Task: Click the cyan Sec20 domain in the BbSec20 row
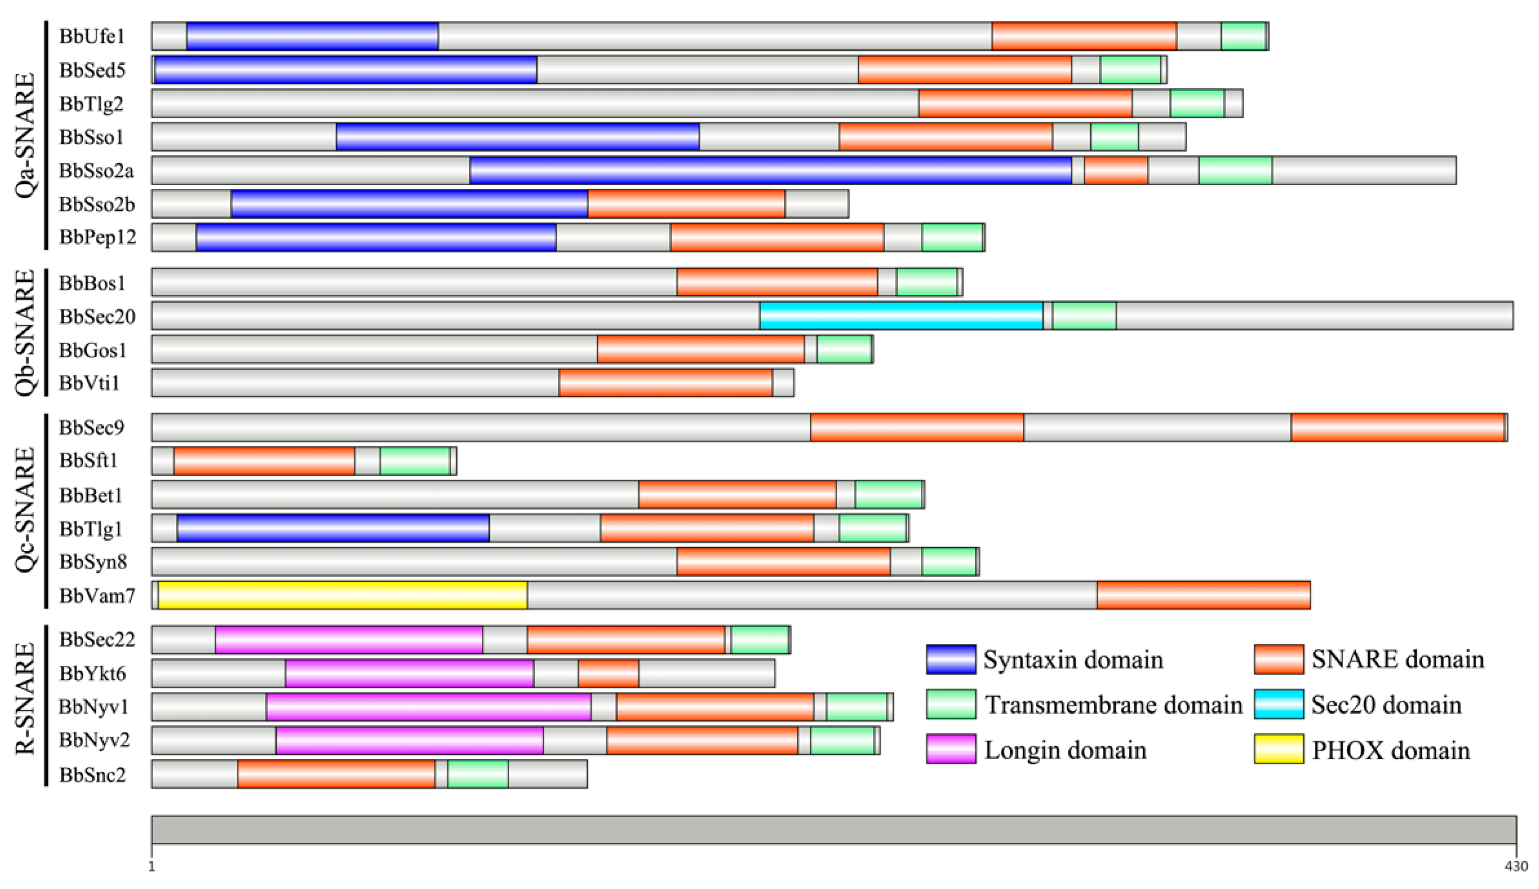coord(901,316)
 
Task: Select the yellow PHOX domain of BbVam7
coord(342,595)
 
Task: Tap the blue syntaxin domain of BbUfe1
coord(312,36)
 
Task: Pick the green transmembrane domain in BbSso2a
coord(1235,170)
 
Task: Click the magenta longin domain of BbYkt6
coord(409,673)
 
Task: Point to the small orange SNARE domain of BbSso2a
coord(1115,170)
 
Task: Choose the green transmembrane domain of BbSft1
coord(415,461)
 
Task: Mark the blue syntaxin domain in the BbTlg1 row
coord(333,528)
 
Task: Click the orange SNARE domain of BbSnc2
coord(336,774)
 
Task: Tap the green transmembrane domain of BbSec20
coord(1085,316)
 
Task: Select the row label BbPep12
coord(98,237)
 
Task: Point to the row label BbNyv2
coord(94,740)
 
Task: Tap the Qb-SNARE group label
coord(25,333)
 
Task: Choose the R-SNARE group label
coord(25,707)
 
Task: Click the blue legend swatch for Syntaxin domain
coord(950,660)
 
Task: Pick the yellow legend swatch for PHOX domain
coord(1279,749)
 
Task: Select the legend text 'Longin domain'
coord(1065,750)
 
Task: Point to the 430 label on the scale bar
coord(1515,866)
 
